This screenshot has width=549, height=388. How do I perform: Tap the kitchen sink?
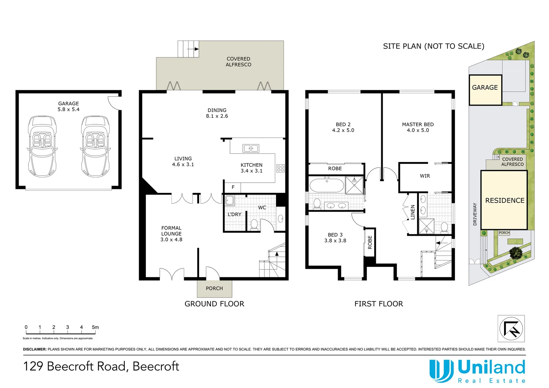(x=250, y=148)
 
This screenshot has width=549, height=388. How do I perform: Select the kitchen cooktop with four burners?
(x=280, y=168)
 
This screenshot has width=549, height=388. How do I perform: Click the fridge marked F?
(x=233, y=187)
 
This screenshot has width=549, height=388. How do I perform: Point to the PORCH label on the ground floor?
(x=214, y=288)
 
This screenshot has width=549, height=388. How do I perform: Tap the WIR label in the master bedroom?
(x=425, y=176)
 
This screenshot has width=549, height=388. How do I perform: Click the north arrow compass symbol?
(x=511, y=328)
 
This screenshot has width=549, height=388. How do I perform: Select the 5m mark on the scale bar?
(x=95, y=327)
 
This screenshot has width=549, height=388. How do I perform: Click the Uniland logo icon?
(x=442, y=371)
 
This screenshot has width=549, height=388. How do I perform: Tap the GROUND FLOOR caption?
(x=214, y=304)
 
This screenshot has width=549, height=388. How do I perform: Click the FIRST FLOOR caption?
(x=378, y=304)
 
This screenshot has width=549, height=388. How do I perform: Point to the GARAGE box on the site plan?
(x=485, y=89)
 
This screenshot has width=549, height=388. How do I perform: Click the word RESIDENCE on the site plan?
(x=504, y=200)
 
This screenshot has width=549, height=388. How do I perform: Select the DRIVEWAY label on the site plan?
(x=475, y=214)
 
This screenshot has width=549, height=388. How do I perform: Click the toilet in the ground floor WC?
(x=254, y=224)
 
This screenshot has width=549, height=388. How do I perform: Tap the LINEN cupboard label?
(x=412, y=212)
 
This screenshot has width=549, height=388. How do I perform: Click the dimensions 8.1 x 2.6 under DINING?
(x=217, y=116)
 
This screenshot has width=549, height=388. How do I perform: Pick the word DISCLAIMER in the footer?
(x=34, y=349)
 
